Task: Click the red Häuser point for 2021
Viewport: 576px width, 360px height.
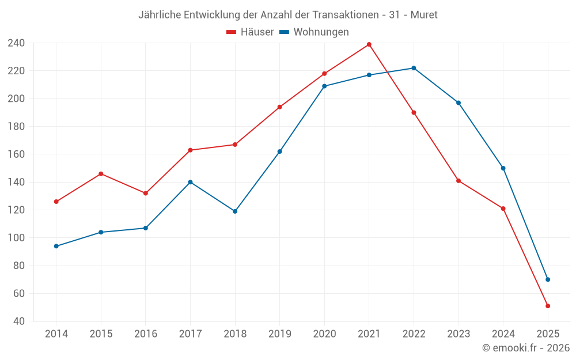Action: (369, 44)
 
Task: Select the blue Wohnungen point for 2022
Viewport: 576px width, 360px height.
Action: (414, 68)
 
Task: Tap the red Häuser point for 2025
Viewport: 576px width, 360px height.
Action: (548, 306)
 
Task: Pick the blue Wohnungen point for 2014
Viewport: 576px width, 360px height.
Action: (56, 246)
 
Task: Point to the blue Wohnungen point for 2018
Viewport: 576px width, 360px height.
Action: (235, 211)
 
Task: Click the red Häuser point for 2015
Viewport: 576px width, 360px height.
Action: (101, 173)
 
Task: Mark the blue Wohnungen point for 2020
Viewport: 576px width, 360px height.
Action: (324, 86)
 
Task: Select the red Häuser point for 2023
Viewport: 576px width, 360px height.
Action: (458, 181)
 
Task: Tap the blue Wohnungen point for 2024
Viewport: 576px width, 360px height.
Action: (503, 168)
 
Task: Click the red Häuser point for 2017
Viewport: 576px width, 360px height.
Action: (190, 150)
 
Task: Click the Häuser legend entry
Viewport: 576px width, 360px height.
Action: (250, 32)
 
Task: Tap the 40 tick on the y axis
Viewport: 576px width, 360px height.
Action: (18, 321)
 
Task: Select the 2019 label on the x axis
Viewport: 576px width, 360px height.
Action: (279, 334)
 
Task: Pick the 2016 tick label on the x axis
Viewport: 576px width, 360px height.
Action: (145, 334)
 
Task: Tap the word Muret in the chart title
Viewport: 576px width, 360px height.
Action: (424, 15)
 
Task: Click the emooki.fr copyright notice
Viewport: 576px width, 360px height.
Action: (526, 348)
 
